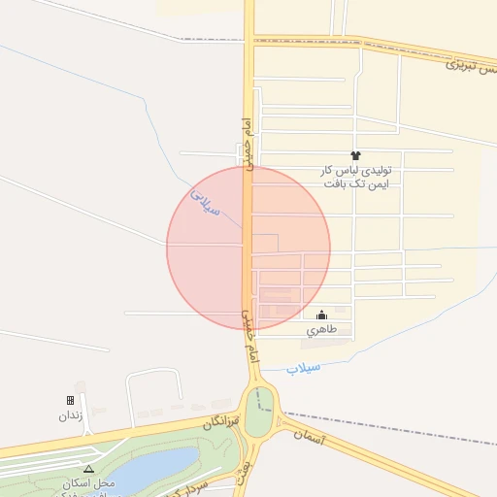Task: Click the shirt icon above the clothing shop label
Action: tap(354, 155)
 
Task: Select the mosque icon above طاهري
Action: tap(322, 315)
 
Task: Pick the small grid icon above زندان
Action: tap(70, 400)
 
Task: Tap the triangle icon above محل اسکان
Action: tap(89, 468)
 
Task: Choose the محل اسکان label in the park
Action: tap(89, 482)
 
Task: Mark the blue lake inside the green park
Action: tap(146, 474)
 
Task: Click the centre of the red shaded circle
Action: tap(248, 248)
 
